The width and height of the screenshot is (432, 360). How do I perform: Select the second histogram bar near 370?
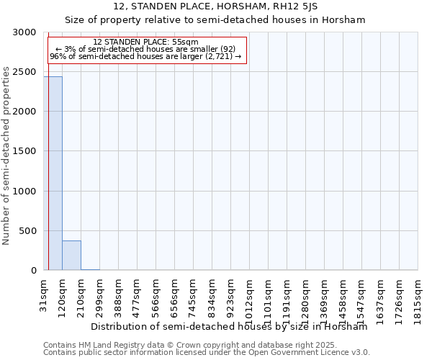(x=71, y=256)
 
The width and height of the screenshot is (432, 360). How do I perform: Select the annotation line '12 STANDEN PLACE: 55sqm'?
(x=146, y=42)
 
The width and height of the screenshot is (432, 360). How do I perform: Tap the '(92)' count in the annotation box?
(x=228, y=49)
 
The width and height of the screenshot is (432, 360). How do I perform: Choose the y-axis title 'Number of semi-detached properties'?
(x=6, y=156)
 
